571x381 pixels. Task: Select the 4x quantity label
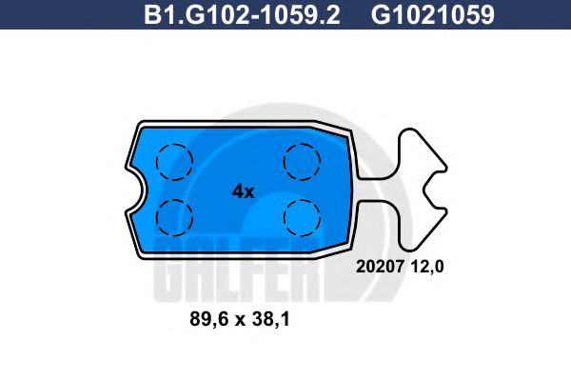243,190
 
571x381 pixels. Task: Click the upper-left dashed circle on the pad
174,160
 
